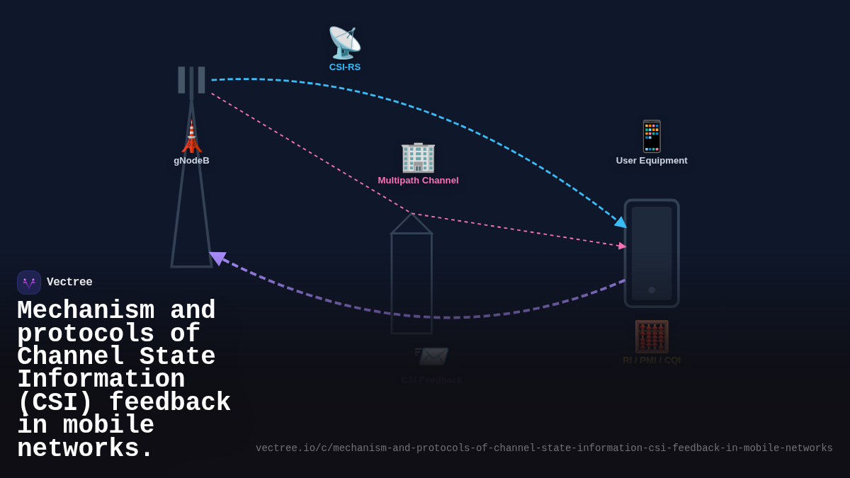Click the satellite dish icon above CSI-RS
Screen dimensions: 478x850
click(344, 42)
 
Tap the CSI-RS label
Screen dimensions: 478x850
click(345, 67)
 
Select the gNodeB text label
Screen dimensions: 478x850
click(191, 161)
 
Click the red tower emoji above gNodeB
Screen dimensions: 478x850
click(191, 137)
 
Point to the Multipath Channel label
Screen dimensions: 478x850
click(418, 181)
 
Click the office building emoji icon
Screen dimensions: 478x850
click(418, 157)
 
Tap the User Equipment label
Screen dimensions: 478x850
click(652, 161)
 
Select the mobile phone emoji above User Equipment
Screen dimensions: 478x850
click(652, 137)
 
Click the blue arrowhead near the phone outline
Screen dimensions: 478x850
click(621, 223)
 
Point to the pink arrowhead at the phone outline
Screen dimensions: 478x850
click(622, 246)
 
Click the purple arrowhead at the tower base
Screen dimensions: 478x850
click(217, 258)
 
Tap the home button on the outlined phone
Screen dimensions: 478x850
click(652, 290)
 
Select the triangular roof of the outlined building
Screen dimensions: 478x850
click(412, 224)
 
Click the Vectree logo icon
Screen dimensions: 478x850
click(29, 283)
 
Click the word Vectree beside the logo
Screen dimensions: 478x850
click(69, 283)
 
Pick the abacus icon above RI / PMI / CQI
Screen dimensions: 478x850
click(652, 336)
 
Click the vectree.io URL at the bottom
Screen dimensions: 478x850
click(544, 448)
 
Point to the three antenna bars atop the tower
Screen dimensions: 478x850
click(191, 80)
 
